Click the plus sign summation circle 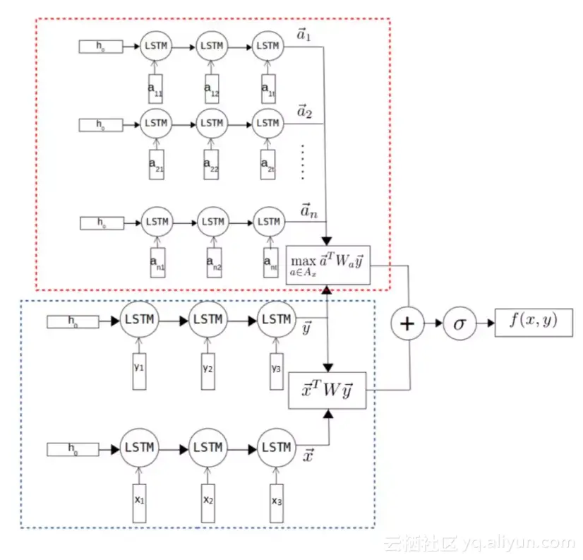[407, 324]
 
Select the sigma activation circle [459, 324]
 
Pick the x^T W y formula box [327, 390]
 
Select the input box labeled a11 [155, 88]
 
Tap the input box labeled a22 [212, 164]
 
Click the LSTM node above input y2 [208, 319]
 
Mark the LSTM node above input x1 [138, 448]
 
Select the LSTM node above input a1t [268, 46]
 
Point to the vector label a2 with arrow [305, 112]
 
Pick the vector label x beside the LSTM [308, 456]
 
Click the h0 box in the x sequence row [72, 449]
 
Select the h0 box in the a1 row [100, 47]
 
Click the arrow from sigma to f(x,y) [485, 323]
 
